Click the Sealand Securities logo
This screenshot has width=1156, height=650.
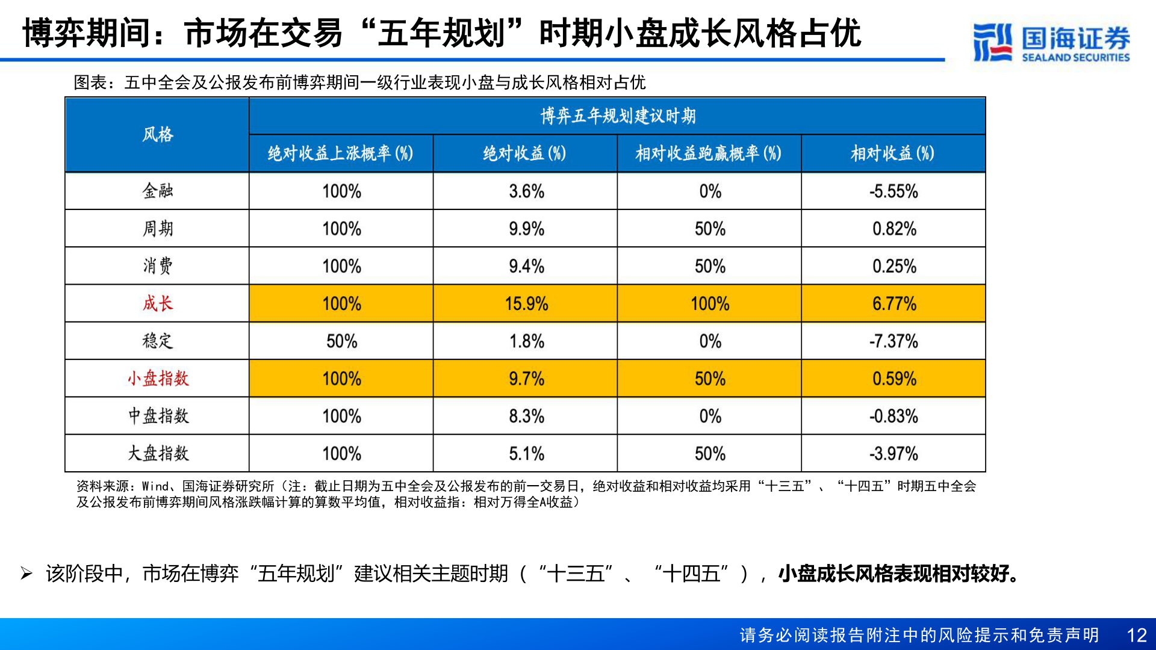(x=1051, y=42)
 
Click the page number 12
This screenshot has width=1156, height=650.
(x=1136, y=636)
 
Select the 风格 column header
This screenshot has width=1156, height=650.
(x=157, y=134)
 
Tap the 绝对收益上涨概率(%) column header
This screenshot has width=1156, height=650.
(x=341, y=153)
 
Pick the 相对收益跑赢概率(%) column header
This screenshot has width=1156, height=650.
(x=709, y=153)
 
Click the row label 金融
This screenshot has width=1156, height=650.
(x=157, y=191)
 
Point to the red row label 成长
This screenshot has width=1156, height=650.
(x=157, y=303)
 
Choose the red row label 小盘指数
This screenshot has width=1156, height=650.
(x=158, y=379)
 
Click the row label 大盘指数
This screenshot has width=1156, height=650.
(x=158, y=453)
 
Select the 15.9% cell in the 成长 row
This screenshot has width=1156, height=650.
(x=526, y=303)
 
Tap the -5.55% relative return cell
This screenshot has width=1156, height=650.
(x=893, y=191)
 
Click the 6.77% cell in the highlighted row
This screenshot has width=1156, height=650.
(x=893, y=303)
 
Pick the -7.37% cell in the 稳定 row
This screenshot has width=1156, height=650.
(x=893, y=341)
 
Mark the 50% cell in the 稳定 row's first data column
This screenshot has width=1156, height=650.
(x=341, y=341)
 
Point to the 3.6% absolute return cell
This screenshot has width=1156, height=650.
(x=526, y=191)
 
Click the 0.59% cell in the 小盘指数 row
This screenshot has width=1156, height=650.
(x=893, y=379)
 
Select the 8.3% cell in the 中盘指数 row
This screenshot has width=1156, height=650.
(x=526, y=416)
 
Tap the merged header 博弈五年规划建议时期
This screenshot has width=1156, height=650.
(x=618, y=116)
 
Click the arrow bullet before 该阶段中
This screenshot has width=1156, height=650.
(x=26, y=574)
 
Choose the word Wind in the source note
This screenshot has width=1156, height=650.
(x=155, y=486)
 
